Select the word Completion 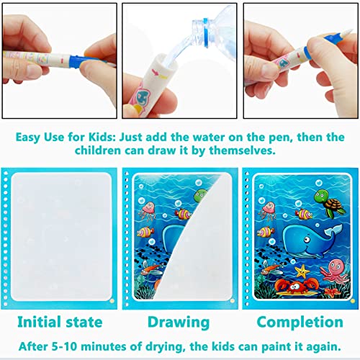298,321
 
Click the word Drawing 179,321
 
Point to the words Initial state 59,321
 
